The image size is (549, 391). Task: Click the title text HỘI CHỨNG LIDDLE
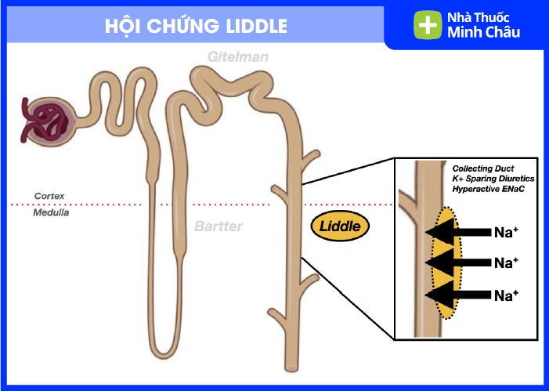(196, 25)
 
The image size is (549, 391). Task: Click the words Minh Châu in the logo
(483, 33)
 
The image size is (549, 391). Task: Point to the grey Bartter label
(219, 226)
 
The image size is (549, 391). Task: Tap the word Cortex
(48, 196)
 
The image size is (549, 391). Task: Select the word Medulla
(50, 212)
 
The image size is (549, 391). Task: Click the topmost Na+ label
(507, 232)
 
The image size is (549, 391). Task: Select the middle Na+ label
(507, 262)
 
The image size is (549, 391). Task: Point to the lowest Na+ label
(507, 295)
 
